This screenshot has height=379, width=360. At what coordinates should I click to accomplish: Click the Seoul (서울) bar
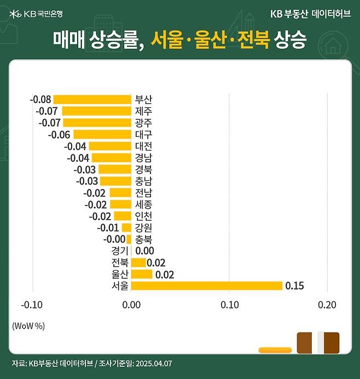point(207,285)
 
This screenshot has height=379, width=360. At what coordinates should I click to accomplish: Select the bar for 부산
point(92,99)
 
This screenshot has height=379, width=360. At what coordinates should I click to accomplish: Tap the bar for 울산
point(142,274)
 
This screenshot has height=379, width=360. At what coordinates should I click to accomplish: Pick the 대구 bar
point(102,134)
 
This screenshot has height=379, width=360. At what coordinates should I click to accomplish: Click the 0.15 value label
point(294,285)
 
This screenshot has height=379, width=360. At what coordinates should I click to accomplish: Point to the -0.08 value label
point(40,99)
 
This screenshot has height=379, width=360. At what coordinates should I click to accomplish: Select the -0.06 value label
point(59,134)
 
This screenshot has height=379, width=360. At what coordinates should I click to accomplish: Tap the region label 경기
point(120,250)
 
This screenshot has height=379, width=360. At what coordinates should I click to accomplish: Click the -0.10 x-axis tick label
point(31,305)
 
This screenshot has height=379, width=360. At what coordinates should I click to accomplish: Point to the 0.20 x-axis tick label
point(327,305)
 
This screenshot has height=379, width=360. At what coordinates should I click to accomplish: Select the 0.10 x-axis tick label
point(229,305)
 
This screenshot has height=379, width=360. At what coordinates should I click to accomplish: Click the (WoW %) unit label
point(28,325)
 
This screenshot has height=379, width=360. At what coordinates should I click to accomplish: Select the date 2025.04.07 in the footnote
point(153,363)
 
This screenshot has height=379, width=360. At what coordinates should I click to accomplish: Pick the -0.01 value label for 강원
point(108,227)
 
